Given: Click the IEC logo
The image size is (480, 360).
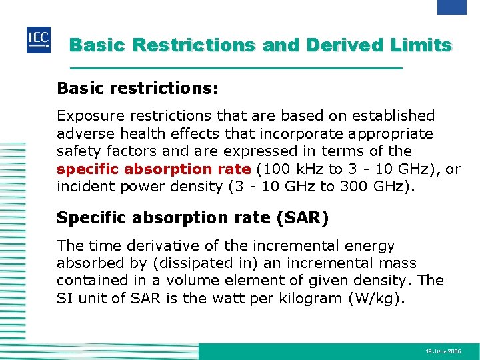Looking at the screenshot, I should [x=38, y=41].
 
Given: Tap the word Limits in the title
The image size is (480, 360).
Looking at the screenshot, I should [x=423, y=45].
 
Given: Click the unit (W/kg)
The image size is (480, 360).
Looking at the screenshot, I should [x=377, y=298].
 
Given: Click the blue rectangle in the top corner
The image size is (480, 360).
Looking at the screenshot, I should [x=451, y=7].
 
